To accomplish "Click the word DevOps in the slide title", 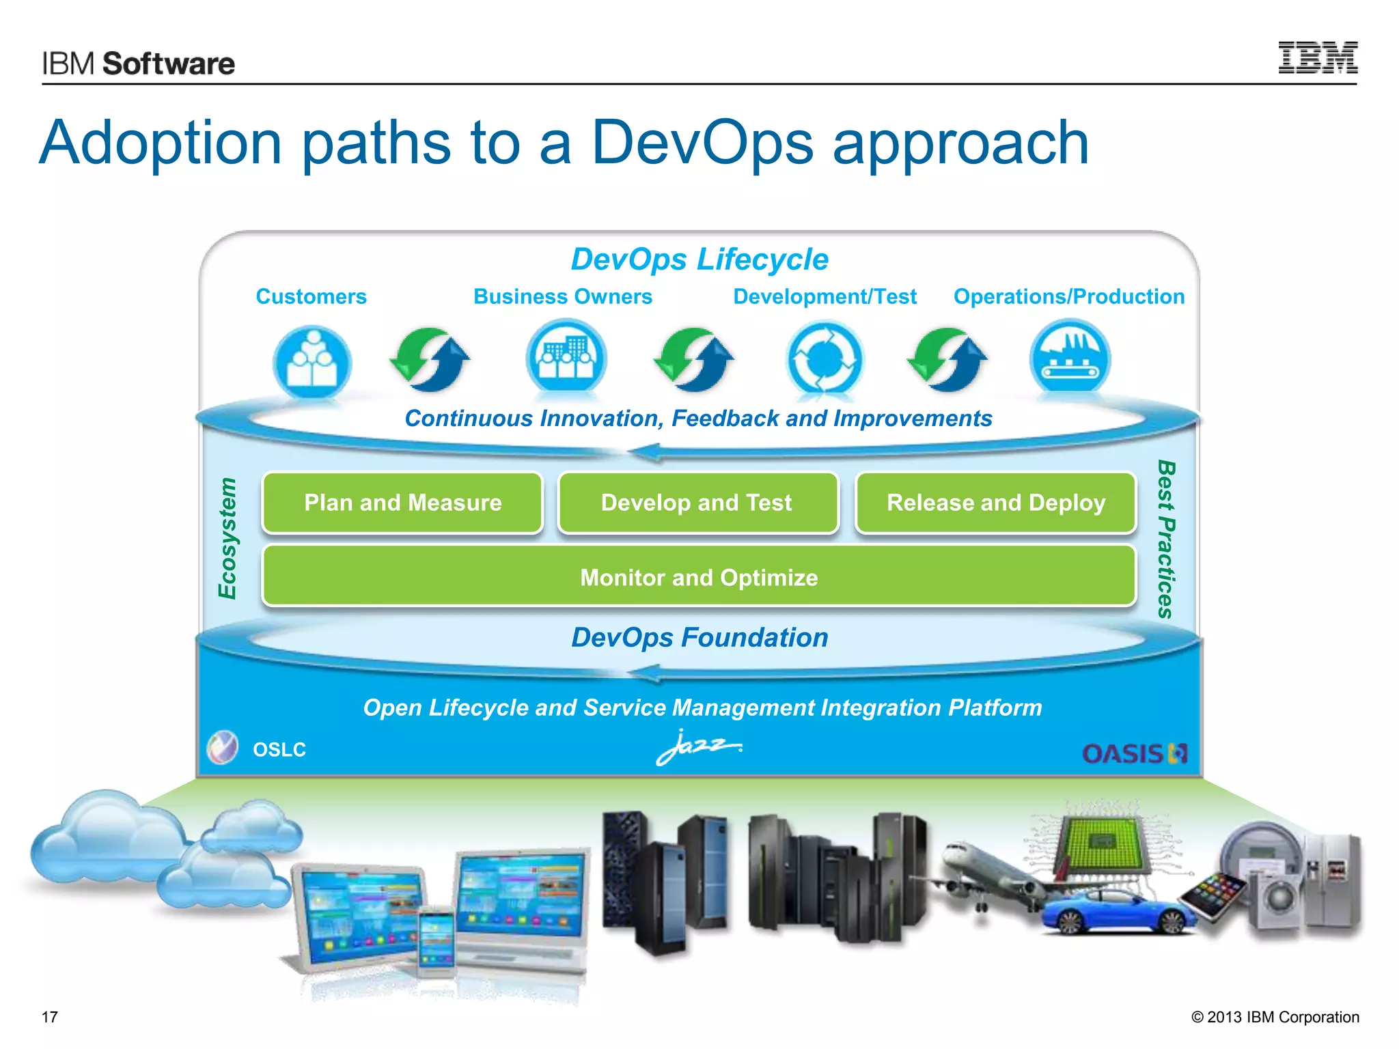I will [702, 143].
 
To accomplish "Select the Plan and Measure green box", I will [402, 503].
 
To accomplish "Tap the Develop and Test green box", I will [697, 503].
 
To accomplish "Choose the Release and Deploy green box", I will [995, 503].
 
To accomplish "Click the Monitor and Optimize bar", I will [698, 577].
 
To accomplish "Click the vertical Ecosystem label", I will [227, 538].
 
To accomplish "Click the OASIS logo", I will [1134, 753].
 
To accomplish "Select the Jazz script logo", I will [697, 748].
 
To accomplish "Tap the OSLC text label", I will [279, 750].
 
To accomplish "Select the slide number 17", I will [50, 1017].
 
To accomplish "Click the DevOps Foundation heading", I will [699, 637].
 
